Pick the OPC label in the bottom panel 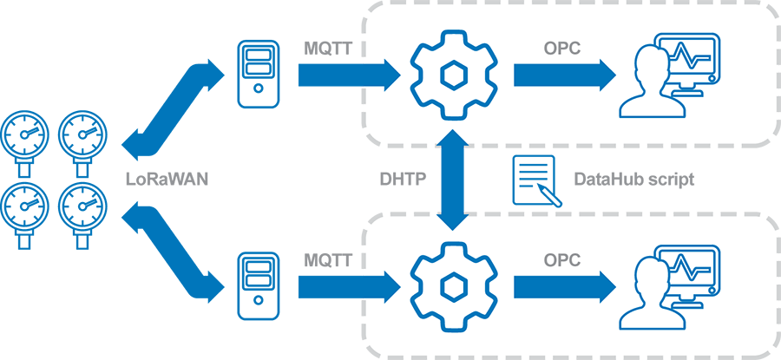(x=562, y=259)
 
